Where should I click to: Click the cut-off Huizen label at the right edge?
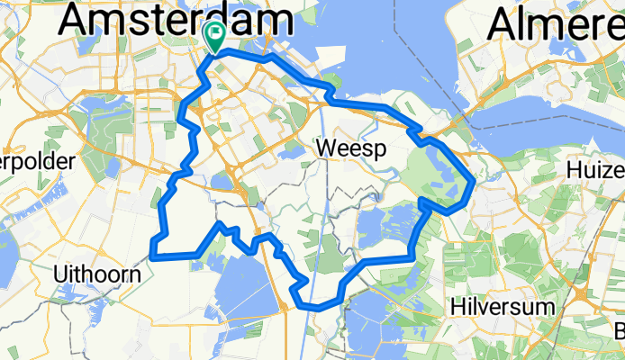(x=597, y=170)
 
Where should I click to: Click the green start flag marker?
(x=216, y=35)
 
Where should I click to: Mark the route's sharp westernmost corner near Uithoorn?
(x=152, y=256)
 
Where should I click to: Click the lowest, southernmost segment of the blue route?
(x=319, y=306)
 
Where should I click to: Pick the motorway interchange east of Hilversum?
(x=586, y=296)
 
